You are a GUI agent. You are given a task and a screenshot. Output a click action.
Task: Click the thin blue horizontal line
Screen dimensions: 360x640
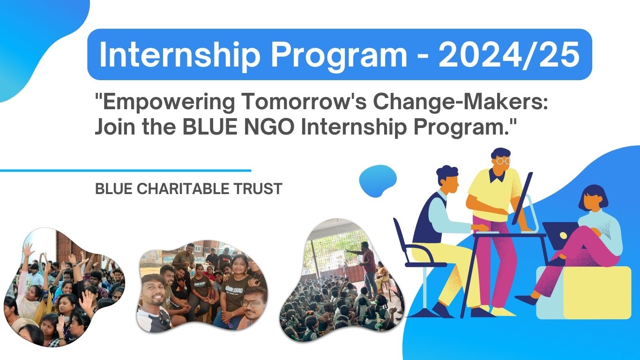[125, 171]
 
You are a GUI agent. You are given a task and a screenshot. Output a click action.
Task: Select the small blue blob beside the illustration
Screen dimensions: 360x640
[377, 180]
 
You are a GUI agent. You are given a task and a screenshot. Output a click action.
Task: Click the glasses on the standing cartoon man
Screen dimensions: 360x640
[502, 161]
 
